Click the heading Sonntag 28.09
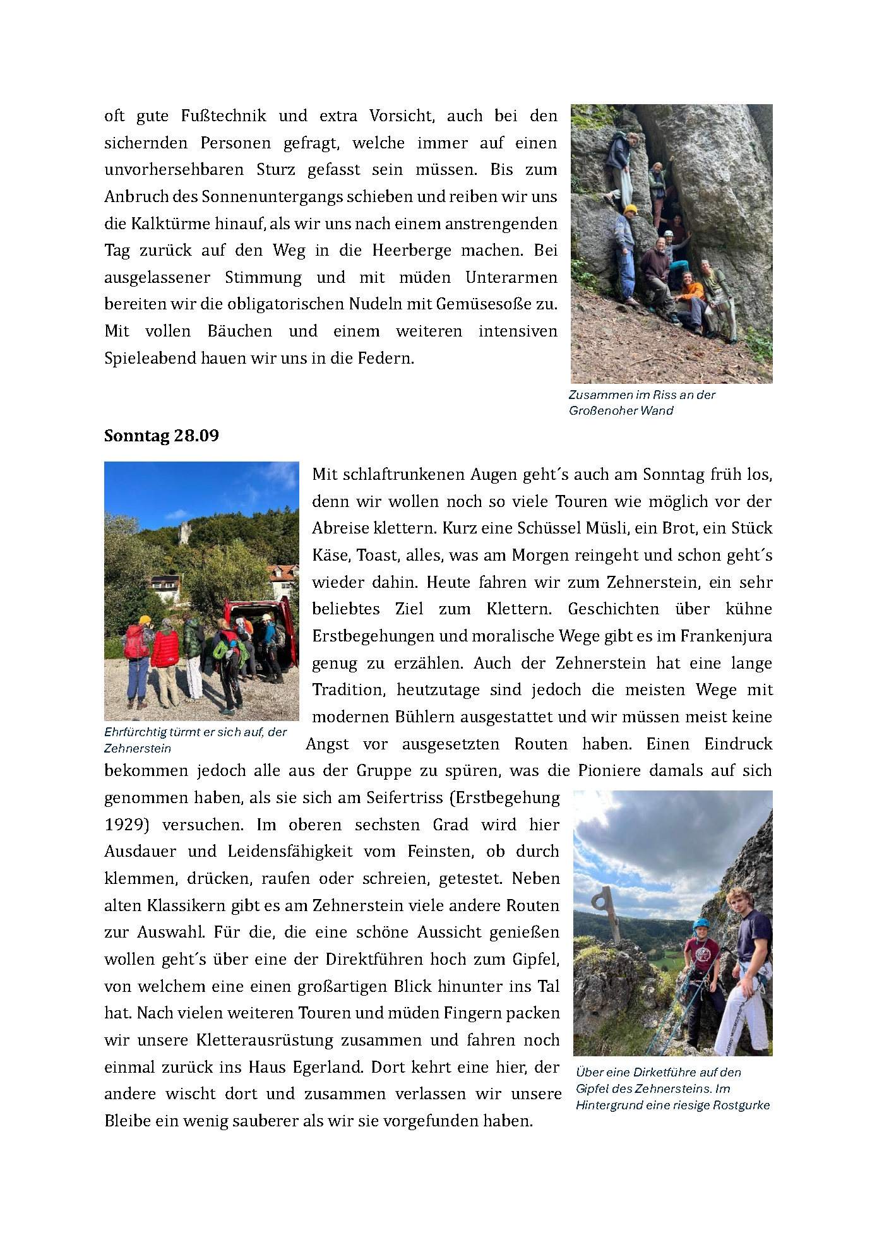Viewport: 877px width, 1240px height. coord(161,436)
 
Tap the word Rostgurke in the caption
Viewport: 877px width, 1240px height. coord(743,1105)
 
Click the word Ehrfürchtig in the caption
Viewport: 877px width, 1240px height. coord(134,732)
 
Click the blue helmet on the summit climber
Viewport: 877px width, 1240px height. coord(701,924)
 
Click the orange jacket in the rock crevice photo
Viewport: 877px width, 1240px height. coord(691,291)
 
